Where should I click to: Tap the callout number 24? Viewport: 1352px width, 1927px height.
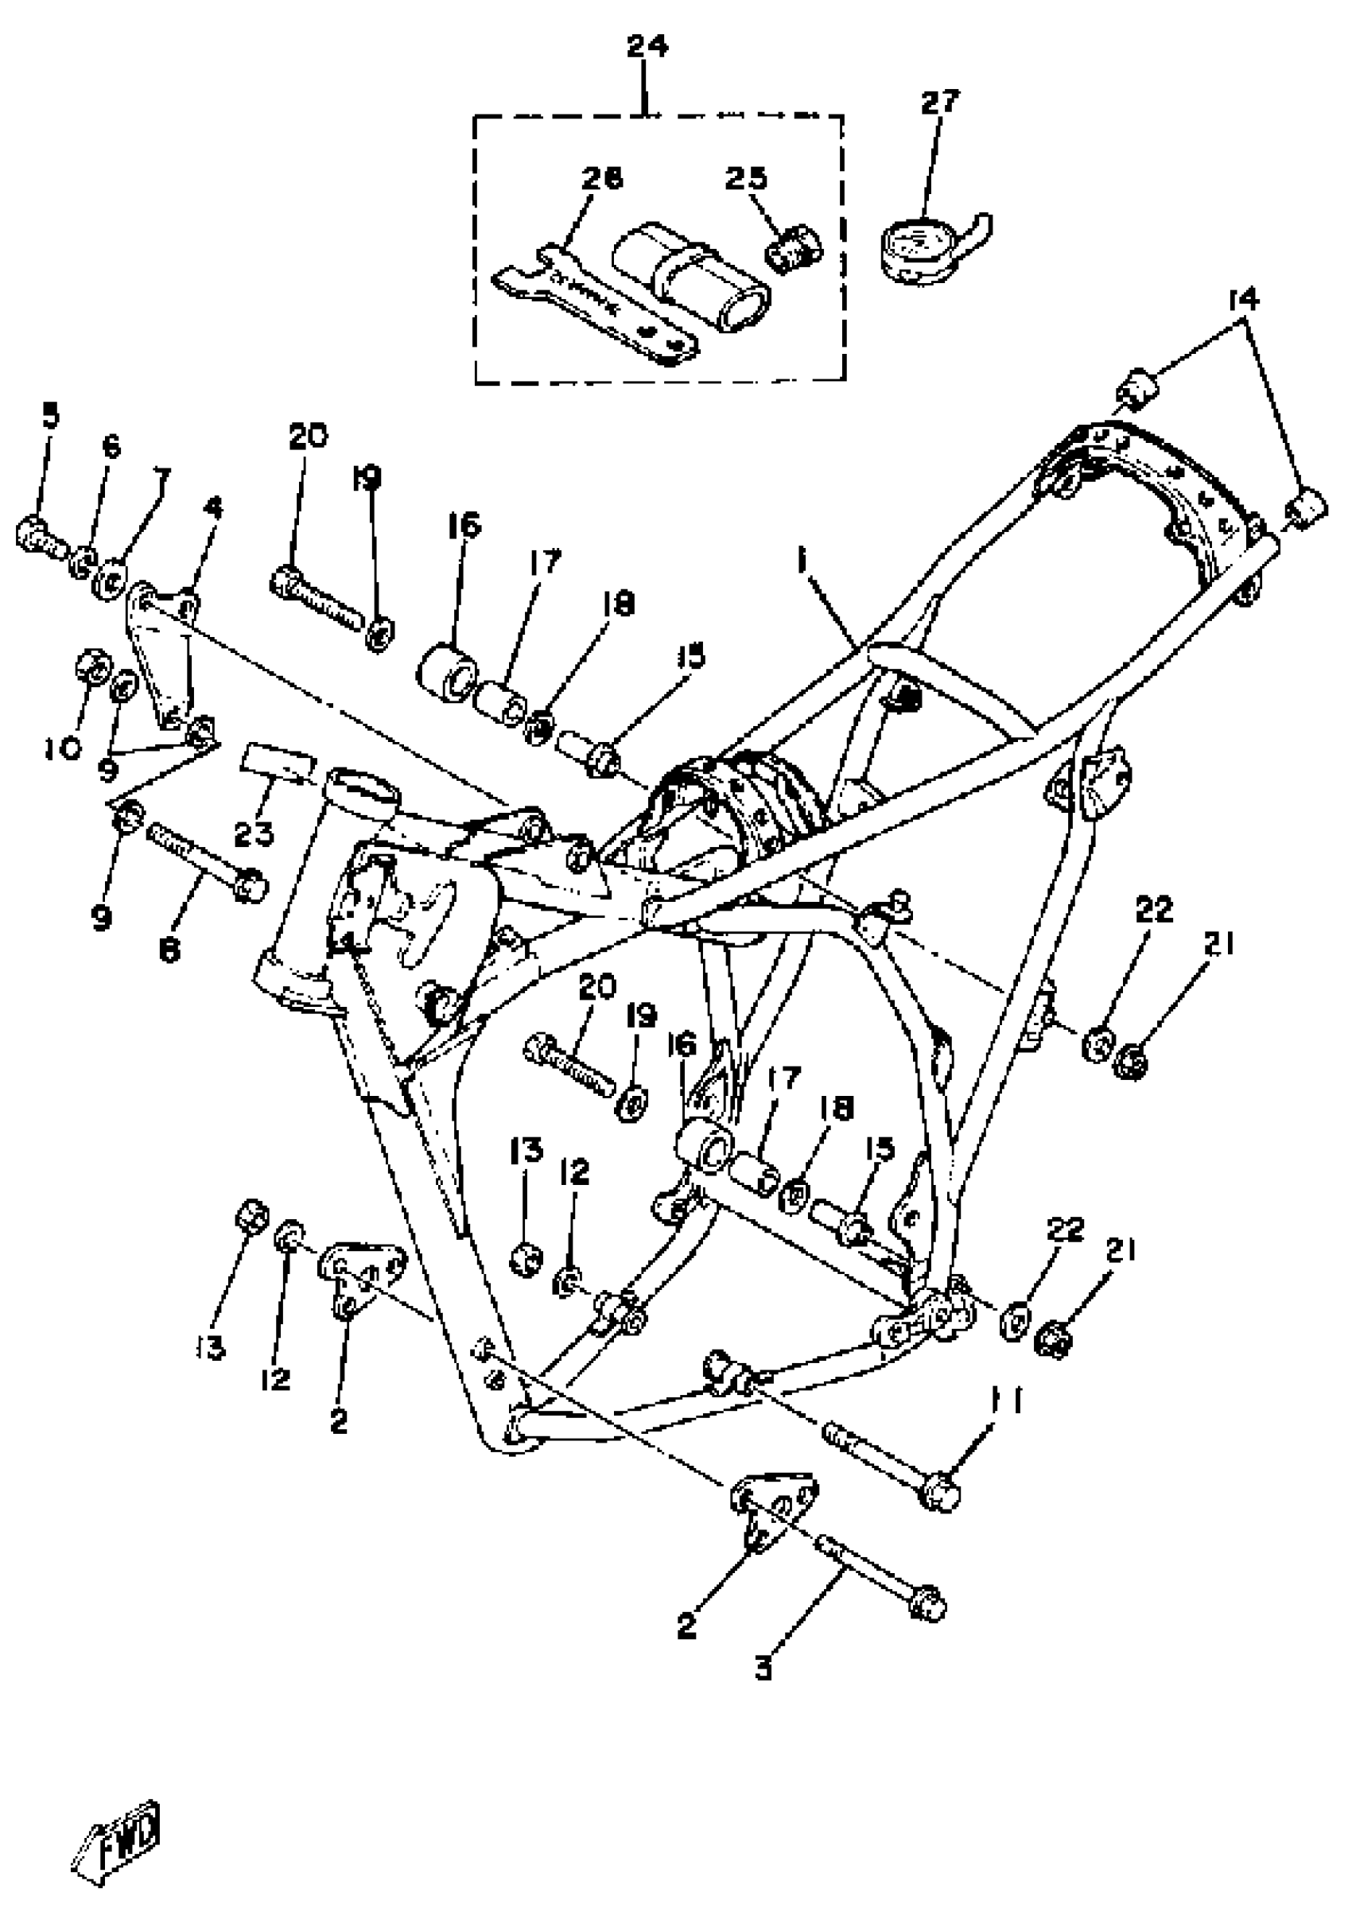pos(647,45)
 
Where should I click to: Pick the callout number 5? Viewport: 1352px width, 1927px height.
pos(51,416)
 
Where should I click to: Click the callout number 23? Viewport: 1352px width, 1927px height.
pos(254,833)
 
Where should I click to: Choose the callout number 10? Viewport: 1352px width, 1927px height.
pos(63,747)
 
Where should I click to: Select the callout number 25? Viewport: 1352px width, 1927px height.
pos(746,178)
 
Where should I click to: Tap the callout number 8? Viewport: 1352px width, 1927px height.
pos(169,950)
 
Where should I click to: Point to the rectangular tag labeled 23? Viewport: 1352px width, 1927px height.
pos(278,760)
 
